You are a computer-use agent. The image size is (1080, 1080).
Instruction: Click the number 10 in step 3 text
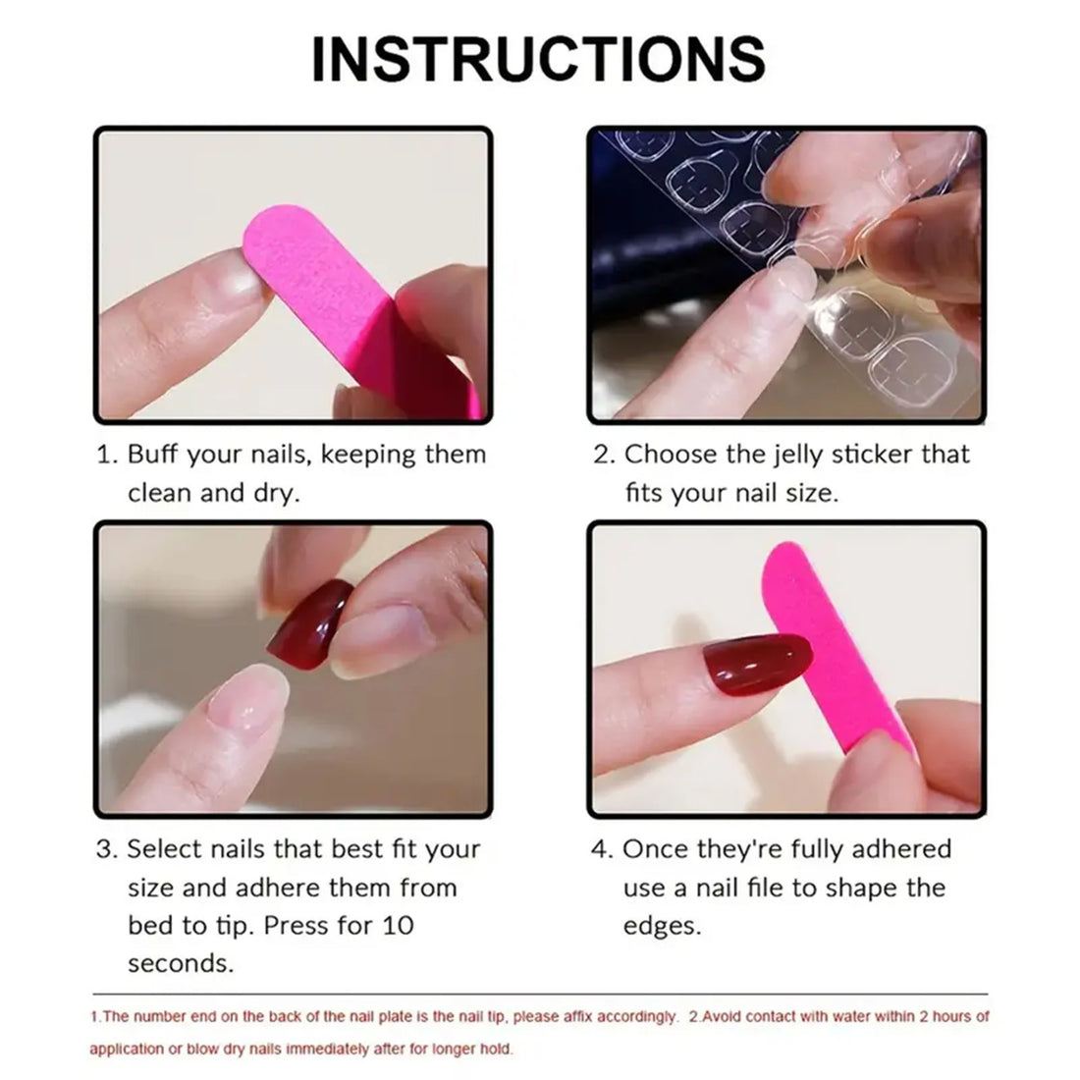395,925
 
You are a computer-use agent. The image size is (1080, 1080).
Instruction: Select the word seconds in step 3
181,963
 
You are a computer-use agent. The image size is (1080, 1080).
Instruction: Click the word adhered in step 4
896,848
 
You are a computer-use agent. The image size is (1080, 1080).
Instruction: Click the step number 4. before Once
602,848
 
